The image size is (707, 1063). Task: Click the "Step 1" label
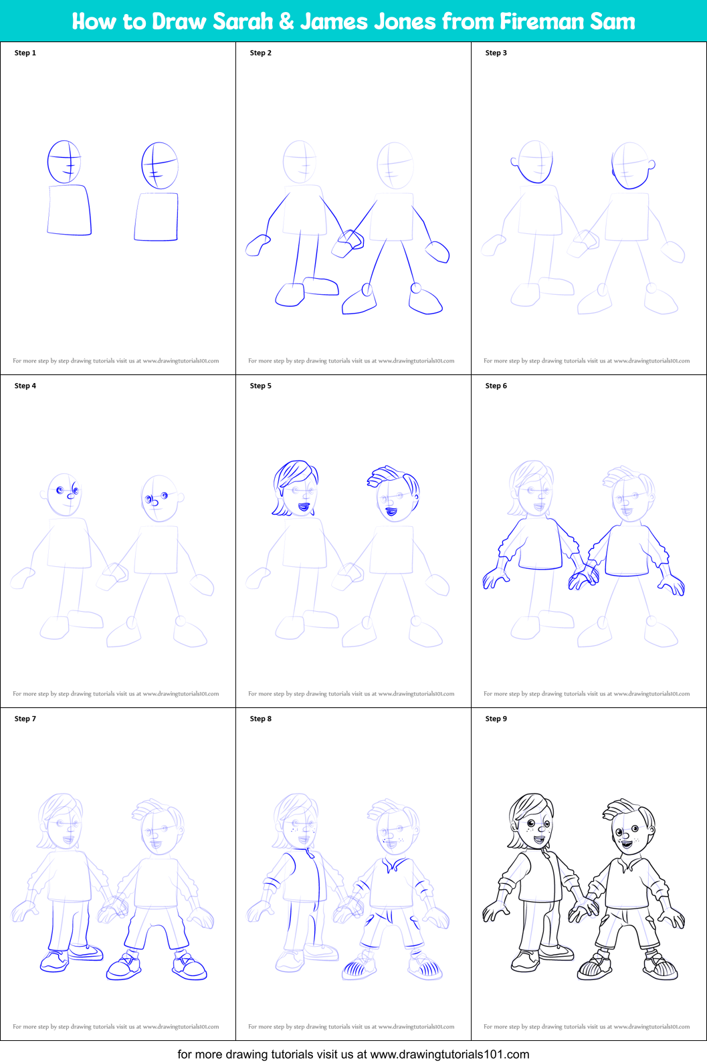25,53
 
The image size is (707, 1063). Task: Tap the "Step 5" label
260,386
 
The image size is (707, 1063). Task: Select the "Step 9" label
496,719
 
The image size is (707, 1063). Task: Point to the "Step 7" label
25,719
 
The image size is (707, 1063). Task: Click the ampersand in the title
286,21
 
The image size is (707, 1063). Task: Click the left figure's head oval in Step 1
64,162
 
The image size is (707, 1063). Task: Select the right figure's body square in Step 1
157,216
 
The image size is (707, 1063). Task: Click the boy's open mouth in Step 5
391,512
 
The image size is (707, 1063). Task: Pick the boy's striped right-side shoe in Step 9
660,967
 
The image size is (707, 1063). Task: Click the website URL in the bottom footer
449,1054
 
